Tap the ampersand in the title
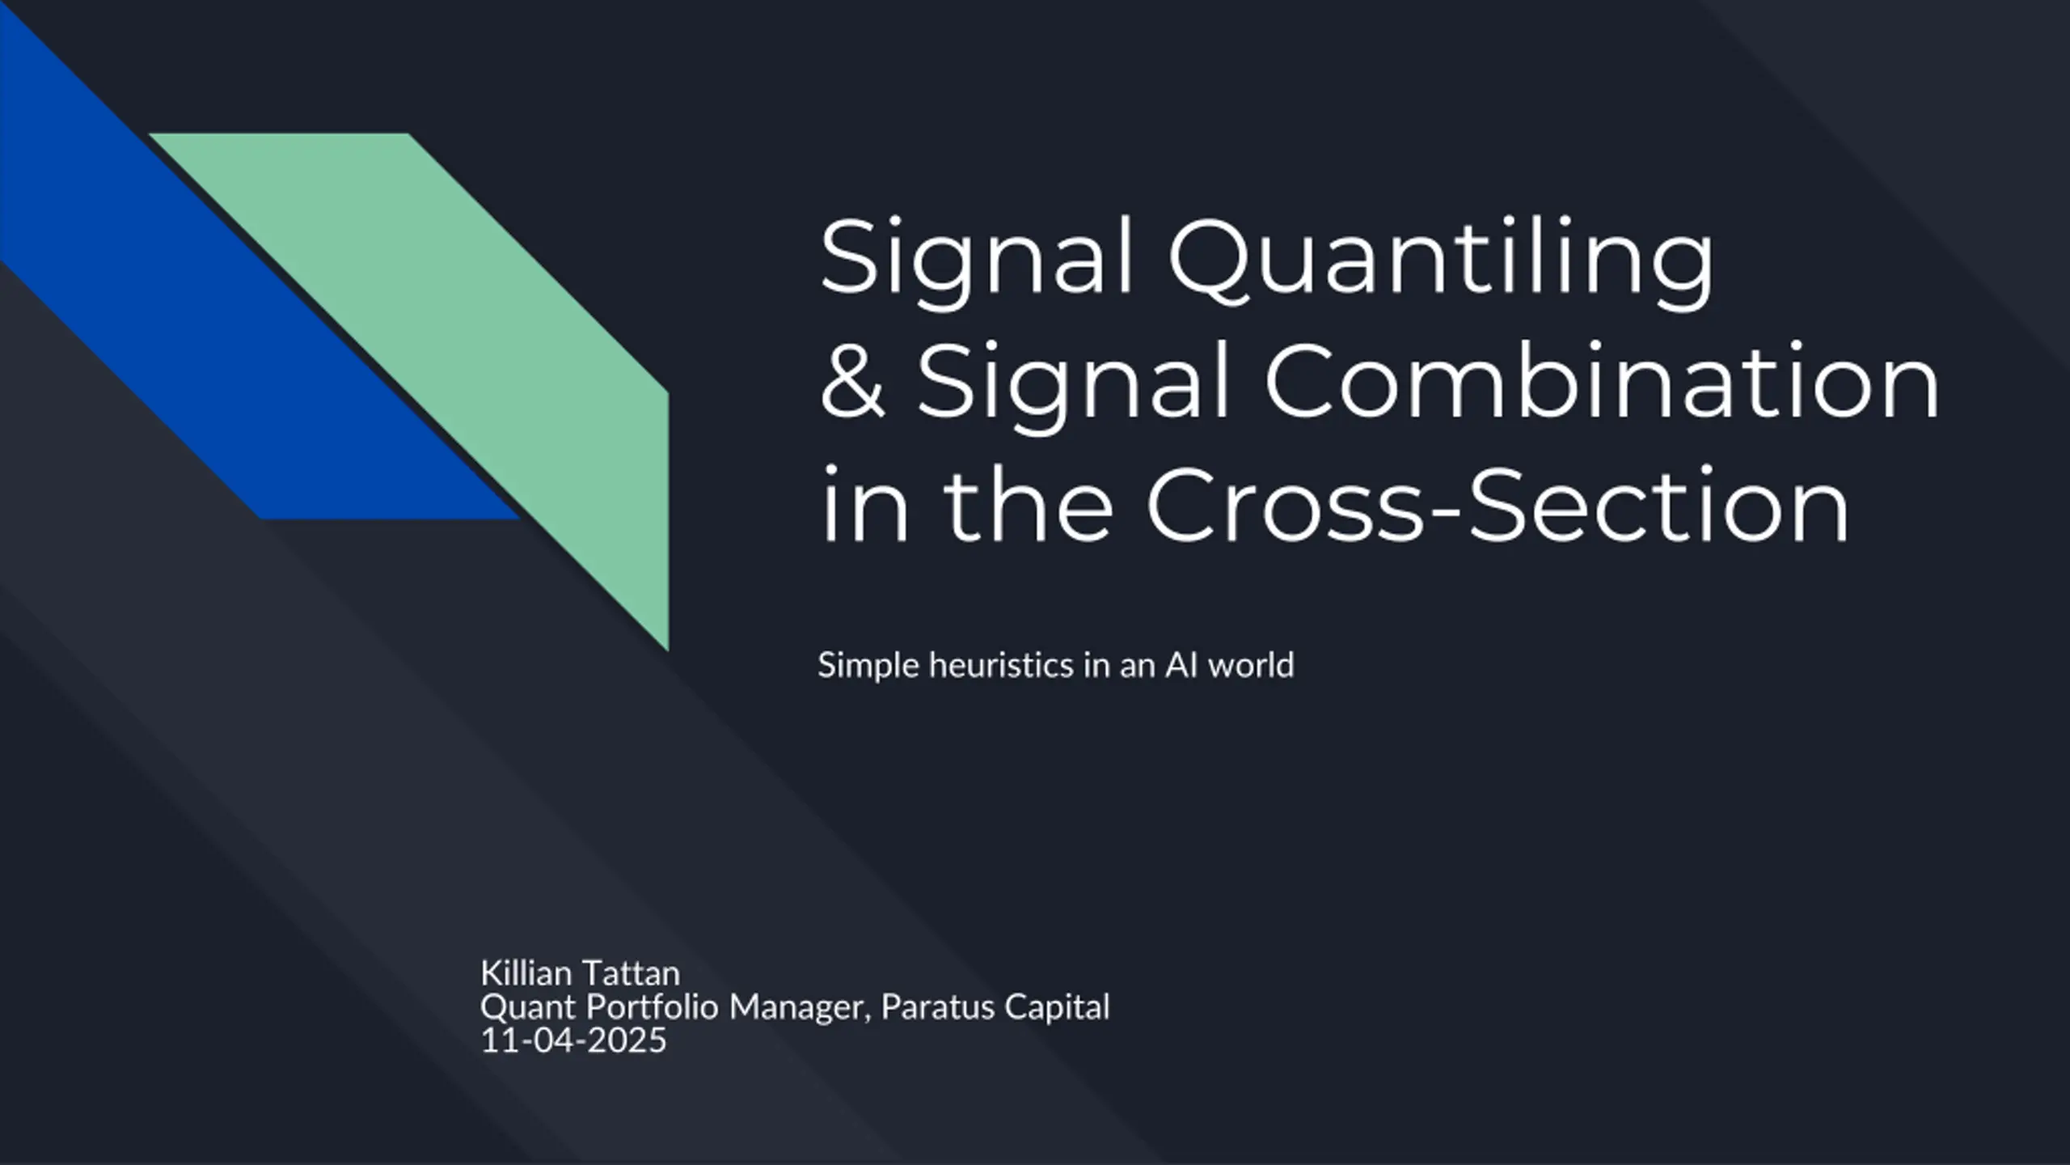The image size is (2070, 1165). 852,379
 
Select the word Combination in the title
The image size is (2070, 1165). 1602,379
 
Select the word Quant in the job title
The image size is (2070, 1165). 529,1008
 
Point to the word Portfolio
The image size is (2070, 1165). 653,1007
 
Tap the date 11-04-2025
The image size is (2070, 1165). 573,1040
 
